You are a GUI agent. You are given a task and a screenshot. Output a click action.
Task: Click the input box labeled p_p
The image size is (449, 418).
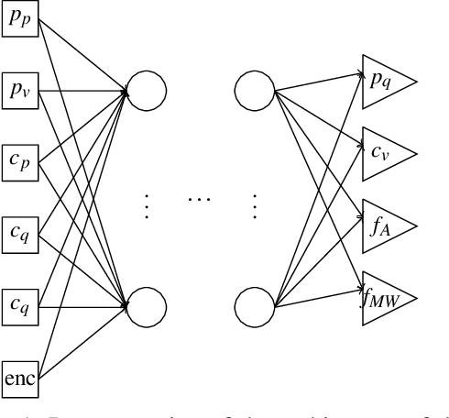tap(18, 20)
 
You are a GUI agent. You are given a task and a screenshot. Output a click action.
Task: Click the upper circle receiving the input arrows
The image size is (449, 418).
tap(146, 90)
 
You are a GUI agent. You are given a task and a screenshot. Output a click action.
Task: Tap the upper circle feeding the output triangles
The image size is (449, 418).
tap(253, 90)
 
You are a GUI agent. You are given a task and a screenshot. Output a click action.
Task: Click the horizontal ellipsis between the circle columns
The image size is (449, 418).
tap(199, 200)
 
